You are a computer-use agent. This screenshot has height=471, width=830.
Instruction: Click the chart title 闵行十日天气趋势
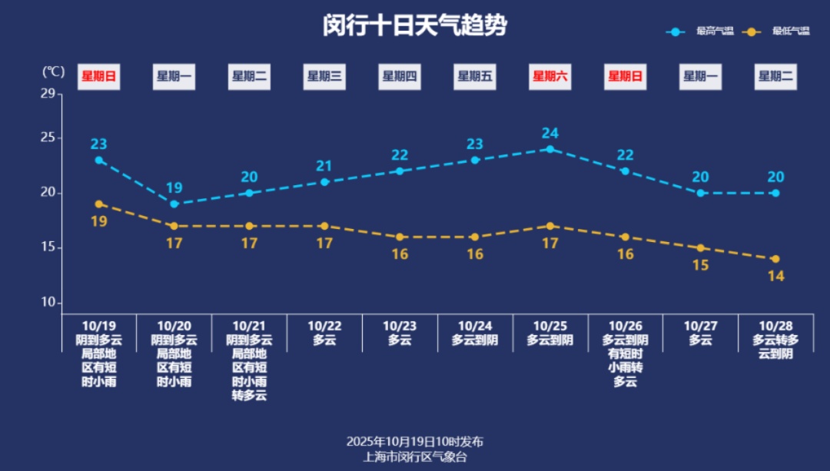(415, 26)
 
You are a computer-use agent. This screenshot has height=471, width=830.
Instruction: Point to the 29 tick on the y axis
(48, 94)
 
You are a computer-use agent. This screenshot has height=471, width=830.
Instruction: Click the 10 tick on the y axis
(48, 303)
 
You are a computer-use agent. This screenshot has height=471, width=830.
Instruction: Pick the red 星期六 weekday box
(550, 76)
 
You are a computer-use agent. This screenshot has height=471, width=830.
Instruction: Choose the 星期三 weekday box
(324, 76)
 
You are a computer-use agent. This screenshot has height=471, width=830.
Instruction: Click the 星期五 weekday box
(475, 76)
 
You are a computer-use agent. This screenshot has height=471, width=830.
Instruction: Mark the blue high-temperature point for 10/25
(550, 149)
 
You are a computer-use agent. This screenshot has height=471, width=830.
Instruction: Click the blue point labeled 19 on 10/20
(174, 204)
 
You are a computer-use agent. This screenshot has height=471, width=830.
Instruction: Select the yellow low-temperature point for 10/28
(775, 259)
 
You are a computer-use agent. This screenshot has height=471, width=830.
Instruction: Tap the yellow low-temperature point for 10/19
(99, 204)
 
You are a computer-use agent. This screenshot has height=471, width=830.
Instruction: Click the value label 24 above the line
(550, 133)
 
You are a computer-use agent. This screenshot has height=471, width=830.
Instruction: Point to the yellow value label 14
(775, 276)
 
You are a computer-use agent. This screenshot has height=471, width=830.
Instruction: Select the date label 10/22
(324, 326)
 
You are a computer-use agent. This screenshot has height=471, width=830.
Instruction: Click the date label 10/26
(625, 326)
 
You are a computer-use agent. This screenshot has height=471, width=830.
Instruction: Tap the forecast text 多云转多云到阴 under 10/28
(775, 347)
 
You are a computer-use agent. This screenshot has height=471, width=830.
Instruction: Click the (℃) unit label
(53, 71)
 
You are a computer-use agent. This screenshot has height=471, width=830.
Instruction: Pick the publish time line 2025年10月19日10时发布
(415, 441)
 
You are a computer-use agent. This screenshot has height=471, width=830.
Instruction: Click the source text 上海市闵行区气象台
(415, 456)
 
